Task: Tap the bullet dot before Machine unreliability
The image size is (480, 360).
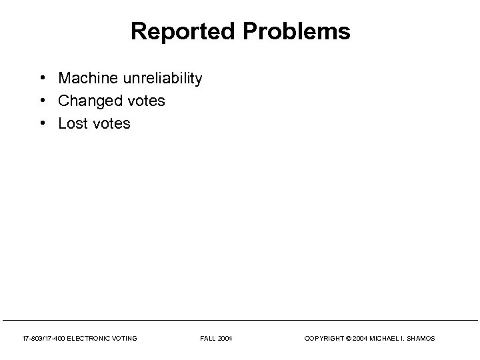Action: tap(42, 78)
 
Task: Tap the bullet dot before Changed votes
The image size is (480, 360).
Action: tap(42, 101)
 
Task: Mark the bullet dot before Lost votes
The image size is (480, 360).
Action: tap(42, 123)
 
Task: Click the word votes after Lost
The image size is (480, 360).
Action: tap(112, 123)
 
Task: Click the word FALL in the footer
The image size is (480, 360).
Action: tap(207, 339)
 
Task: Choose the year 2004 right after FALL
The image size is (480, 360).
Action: tap(225, 339)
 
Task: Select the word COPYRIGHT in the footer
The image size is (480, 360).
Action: tap(324, 339)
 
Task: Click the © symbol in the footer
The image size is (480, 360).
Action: tap(348, 339)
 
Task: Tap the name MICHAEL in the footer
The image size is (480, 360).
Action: tap(385, 339)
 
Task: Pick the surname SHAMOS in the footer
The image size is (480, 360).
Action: tap(421, 339)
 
